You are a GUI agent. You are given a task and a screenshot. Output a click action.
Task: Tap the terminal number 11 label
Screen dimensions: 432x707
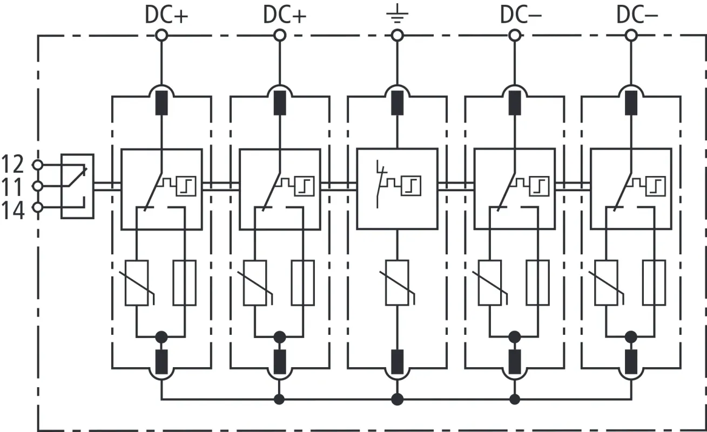[x=12, y=186]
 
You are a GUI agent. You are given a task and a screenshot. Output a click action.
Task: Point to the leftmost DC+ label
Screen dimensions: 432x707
[x=166, y=15]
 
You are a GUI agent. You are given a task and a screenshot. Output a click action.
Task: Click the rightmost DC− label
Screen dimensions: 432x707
[x=637, y=15]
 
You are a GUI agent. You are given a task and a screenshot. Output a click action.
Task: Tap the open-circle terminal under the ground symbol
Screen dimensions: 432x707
[x=397, y=36]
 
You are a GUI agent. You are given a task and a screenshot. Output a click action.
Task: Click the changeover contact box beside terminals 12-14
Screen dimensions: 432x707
[x=77, y=186]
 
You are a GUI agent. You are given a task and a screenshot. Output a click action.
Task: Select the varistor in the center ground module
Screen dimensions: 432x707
[x=397, y=282]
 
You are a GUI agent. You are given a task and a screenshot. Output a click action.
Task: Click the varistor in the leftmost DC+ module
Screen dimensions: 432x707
[x=137, y=282]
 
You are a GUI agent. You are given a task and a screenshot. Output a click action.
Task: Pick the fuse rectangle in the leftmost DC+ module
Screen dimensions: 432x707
[x=185, y=282]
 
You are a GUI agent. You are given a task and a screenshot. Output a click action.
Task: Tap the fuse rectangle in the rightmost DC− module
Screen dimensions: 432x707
[x=655, y=282]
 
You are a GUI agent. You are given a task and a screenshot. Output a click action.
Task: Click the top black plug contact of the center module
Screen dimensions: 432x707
[x=397, y=103]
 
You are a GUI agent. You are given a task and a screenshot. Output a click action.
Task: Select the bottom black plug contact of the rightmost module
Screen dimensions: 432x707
[x=630, y=362]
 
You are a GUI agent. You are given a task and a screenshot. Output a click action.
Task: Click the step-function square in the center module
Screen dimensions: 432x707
[x=412, y=187]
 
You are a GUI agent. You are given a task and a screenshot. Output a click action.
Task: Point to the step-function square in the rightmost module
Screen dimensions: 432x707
[x=655, y=186]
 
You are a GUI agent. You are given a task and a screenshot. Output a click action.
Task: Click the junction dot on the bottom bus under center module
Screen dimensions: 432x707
[x=397, y=400]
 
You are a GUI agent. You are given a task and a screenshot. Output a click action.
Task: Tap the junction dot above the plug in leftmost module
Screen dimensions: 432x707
[x=161, y=337]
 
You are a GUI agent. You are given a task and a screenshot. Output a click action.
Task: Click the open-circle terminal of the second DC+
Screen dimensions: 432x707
[x=279, y=36]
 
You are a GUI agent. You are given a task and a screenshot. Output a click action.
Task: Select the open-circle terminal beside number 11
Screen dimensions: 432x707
[x=37, y=186]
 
